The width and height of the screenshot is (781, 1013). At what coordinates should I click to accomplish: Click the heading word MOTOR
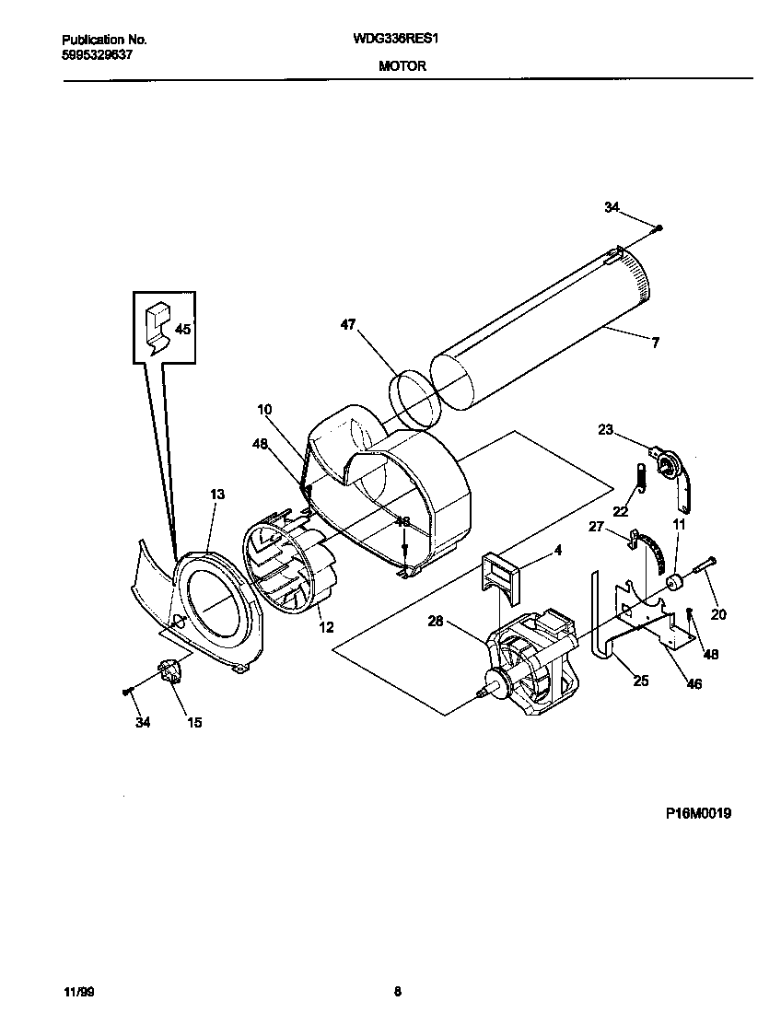click(402, 66)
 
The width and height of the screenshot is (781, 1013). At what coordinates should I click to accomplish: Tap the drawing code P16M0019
click(699, 813)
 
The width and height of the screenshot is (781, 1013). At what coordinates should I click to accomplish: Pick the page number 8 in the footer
click(397, 992)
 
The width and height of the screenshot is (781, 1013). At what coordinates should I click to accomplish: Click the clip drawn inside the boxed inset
click(159, 329)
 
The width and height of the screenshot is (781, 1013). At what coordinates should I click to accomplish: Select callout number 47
click(347, 325)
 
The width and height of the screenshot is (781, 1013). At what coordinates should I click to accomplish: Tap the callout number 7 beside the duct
click(655, 343)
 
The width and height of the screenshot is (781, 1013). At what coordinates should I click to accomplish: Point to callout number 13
click(216, 495)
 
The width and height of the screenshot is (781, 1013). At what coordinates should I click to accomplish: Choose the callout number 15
click(194, 723)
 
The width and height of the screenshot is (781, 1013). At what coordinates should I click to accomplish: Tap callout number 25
click(640, 681)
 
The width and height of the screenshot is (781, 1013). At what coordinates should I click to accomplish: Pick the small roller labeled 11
click(676, 583)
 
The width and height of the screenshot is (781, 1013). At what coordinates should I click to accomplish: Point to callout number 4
click(557, 552)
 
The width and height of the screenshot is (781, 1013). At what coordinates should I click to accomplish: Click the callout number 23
click(605, 428)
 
